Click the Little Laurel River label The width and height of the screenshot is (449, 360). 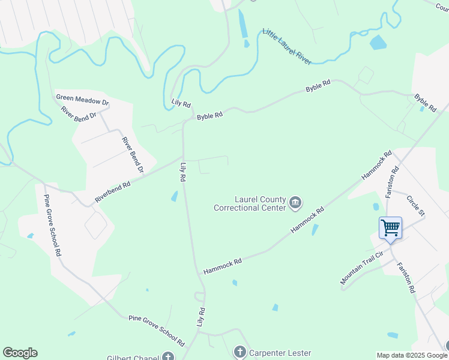tap(287, 46)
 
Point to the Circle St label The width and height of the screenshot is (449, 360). tap(415, 206)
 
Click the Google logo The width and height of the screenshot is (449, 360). tap(20, 353)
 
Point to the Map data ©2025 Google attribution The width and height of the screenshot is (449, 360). tap(412, 355)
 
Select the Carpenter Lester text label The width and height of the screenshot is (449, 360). tap(280, 352)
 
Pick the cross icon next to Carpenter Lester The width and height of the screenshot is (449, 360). tap(240, 352)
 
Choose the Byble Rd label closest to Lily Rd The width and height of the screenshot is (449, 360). tap(210, 114)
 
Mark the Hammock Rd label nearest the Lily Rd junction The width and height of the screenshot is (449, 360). tap(223, 266)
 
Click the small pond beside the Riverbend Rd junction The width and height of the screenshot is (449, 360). tap(174, 196)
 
